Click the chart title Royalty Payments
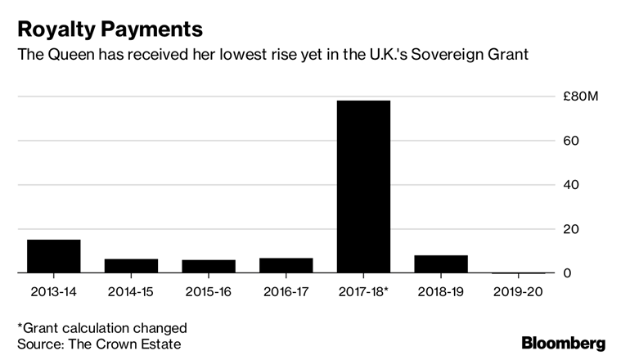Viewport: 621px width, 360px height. pyautogui.click(x=110, y=30)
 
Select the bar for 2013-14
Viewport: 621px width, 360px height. pyautogui.click(x=54, y=256)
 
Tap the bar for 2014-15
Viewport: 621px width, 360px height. pyautogui.click(x=131, y=266)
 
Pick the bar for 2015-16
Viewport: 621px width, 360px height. pyautogui.click(x=209, y=266)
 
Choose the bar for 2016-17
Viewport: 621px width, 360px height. pyautogui.click(x=286, y=265)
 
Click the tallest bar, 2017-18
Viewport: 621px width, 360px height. pyautogui.click(x=364, y=187)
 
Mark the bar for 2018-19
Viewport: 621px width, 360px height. pyautogui.click(x=441, y=264)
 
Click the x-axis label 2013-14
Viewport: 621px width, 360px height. pyautogui.click(x=54, y=292)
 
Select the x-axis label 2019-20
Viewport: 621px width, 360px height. pyautogui.click(x=519, y=292)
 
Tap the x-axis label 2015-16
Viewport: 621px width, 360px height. pyautogui.click(x=209, y=292)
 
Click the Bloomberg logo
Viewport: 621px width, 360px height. pyautogui.click(x=564, y=343)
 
